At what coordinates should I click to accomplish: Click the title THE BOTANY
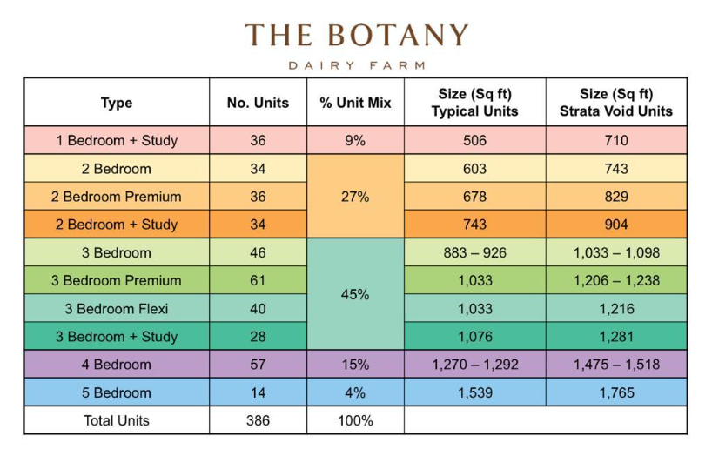[356, 36]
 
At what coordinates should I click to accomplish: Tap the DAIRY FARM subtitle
[356, 65]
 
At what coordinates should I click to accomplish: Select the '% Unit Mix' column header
[355, 103]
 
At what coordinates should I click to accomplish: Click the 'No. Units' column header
[258, 103]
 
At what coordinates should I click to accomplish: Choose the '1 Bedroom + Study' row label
[117, 141]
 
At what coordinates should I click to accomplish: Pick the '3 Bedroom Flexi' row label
[117, 309]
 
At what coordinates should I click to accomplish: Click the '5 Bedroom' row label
[117, 392]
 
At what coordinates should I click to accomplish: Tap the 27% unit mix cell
[355, 197]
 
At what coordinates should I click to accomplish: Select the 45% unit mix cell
[355, 295]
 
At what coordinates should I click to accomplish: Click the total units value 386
[258, 420]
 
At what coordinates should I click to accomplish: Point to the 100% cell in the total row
[355, 420]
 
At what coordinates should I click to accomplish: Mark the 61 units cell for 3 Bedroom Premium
[258, 280]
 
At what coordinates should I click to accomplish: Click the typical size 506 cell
[474, 141]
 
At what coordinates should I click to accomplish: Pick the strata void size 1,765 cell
[616, 392]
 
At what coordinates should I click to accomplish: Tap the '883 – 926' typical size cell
[474, 253]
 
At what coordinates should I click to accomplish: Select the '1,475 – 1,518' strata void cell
[616, 365]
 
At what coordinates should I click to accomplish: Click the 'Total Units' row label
[117, 420]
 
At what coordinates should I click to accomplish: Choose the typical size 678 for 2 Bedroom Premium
[474, 197]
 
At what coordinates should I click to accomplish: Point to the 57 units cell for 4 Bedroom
[258, 365]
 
